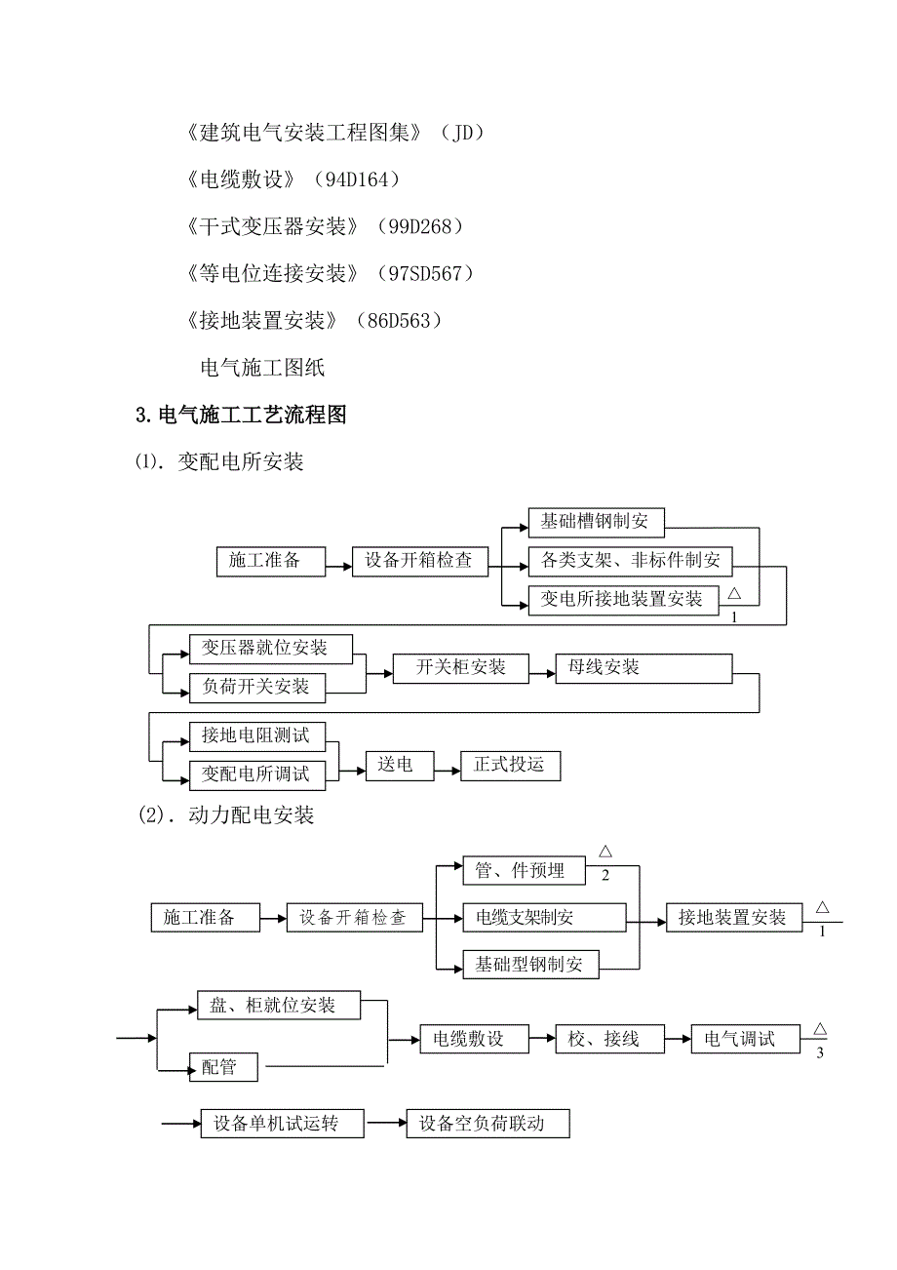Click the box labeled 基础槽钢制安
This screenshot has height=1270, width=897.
pyautogui.click(x=595, y=522)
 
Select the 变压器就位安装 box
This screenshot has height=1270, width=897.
pyautogui.click(x=271, y=649)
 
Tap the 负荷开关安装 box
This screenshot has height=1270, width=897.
pyautogui.click(x=256, y=687)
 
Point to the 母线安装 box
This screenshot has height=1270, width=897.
pyautogui.click(x=643, y=668)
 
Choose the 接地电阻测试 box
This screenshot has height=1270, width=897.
pyautogui.click(x=256, y=734)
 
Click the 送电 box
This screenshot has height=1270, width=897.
pyautogui.click(x=396, y=766)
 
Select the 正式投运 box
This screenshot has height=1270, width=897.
pyautogui.click(x=510, y=766)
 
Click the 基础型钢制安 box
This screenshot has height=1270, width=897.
pyautogui.click(x=530, y=966)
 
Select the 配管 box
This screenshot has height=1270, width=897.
pyautogui.click(x=224, y=1067)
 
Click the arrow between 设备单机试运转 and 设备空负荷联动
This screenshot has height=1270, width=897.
pyautogui.click(x=386, y=1124)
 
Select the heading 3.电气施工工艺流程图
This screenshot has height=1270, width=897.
pyautogui.click(x=241, y=416)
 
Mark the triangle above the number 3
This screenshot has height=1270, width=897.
pyautogui.click(x=820, y=1028)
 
